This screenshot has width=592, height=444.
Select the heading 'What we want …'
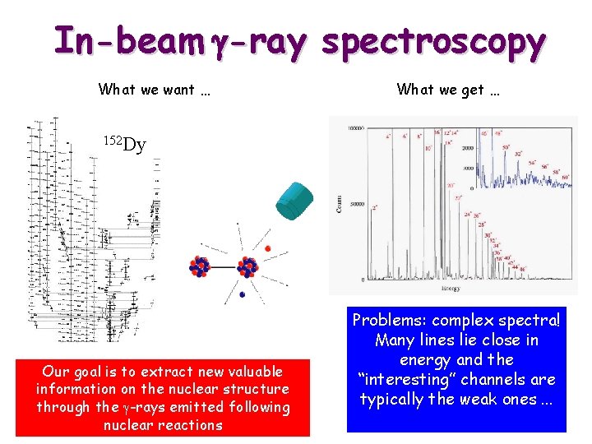[x=155, y=90]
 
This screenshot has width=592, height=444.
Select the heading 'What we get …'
[x=448, y=90]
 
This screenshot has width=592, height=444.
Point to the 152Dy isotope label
[x=124, y=145]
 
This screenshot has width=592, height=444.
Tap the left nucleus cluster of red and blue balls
[x=200, y=266]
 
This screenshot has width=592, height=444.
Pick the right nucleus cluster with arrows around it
[x=249, y=266]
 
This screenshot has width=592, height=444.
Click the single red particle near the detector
[x=268, y=247]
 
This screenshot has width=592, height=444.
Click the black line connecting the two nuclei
[x=224, y=266]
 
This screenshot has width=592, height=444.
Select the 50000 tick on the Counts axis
[x=358, y=205]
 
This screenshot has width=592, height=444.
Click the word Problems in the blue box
[x=389, y=321]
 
